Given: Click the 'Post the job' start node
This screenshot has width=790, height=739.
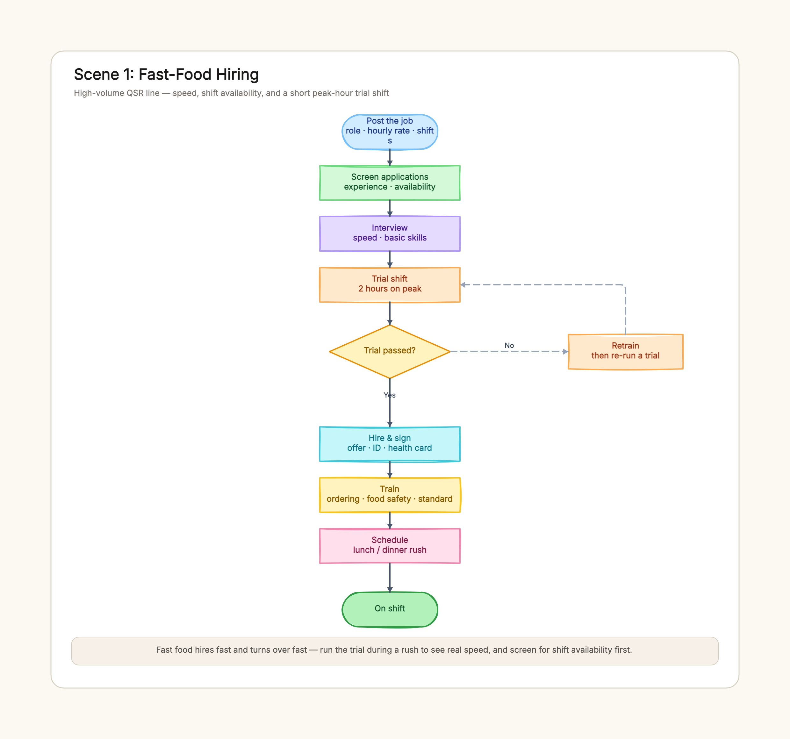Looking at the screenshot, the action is [x=390, y=132].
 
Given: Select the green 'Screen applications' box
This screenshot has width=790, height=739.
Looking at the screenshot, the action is [x=390, y=183].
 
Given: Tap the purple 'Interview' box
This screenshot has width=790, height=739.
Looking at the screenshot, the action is [x=390, y=233].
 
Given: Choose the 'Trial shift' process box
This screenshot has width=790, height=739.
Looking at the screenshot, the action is [x=390, y=285].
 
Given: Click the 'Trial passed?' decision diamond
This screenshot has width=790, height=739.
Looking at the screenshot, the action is [x=390, y=352].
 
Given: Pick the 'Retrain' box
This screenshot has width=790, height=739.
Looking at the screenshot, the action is [x=626, y=352].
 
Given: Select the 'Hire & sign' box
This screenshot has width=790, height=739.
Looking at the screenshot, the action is [x=390, y=444].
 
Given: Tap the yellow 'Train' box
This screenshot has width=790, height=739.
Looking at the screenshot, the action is [x=390, y=495].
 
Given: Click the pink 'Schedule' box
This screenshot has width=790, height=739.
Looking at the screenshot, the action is [x=390, y=546].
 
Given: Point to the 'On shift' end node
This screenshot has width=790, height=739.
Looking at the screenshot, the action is [x=390, y=609].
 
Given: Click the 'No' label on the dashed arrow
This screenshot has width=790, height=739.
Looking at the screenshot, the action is [x=509, y=345].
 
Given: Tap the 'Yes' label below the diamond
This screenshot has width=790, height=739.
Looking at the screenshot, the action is [x=390, y=395].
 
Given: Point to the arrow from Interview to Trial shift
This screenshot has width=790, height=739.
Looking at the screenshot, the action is [x=390, y=259].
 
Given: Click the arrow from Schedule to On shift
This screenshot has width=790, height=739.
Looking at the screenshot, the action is [x=390, y=578].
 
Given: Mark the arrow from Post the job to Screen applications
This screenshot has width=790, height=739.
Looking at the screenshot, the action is [x=390, y=157].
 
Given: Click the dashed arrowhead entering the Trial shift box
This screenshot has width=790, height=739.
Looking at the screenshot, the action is [x=463, y=285].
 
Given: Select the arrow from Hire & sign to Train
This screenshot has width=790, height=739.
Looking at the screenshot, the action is [x=390, y=470].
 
